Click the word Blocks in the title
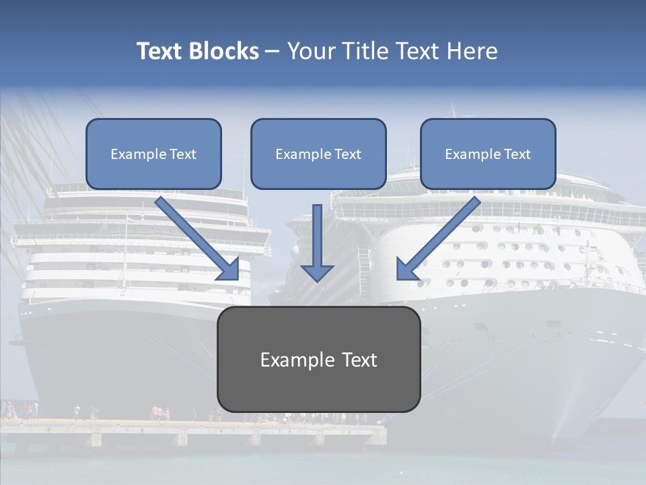coord(223,51)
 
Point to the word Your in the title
coord(314,51)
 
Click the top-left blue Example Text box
coord(153,154)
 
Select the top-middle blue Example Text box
coord(318,154)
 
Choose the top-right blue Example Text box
coord(488,154)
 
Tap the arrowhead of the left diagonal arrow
coord(229,269)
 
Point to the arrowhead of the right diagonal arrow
coord(406,269)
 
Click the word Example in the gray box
coord(291,360)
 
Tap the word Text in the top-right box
coord(517,154)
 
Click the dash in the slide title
coord(273,51)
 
